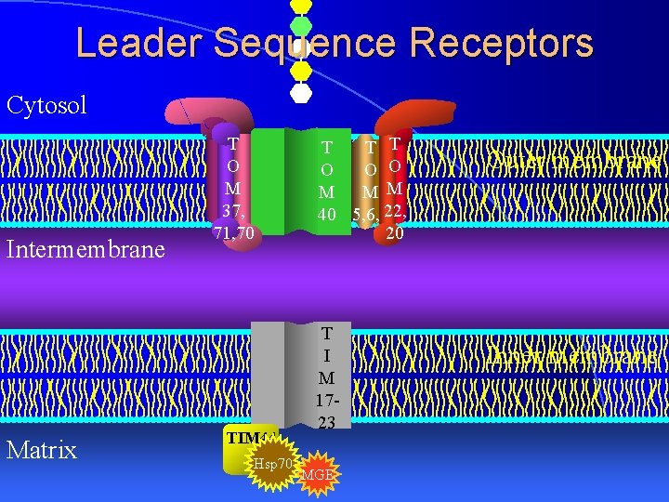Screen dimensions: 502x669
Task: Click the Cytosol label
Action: (46, 104)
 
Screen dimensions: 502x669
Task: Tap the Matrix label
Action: (41, 451)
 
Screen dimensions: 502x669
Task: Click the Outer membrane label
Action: (574, 161)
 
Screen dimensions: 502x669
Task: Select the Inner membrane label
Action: (574, 356)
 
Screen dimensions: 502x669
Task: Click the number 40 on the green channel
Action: (327, 214)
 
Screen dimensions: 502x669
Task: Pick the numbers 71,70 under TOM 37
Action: (233, 232)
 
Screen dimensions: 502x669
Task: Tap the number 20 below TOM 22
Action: (394, 234)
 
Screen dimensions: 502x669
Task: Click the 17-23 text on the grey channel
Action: (327, 413)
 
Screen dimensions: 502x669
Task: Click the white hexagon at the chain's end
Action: (300, 92)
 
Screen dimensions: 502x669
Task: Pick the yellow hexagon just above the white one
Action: (300, 70)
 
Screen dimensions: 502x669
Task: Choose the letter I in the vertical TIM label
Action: (327, 355)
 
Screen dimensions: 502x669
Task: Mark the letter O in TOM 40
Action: (327, 169)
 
